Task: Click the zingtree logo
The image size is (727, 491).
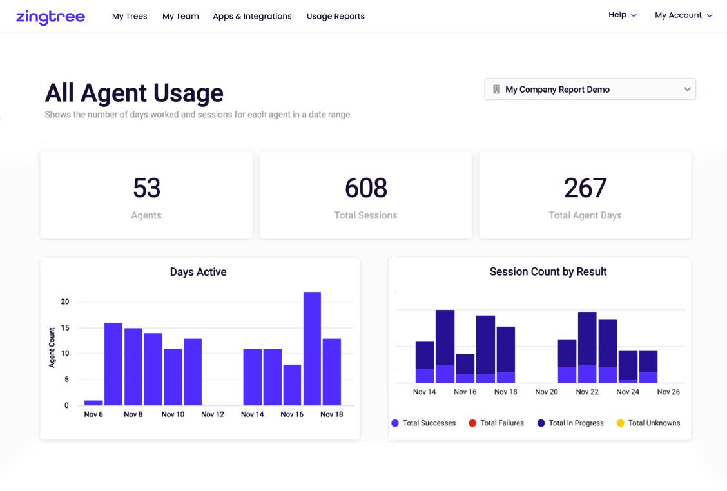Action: [x=50, y=17]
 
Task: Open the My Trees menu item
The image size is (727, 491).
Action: [x=130, y=16]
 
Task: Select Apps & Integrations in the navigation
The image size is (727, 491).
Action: [x=252, y=16]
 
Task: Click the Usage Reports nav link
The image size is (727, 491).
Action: [x=335, y=16]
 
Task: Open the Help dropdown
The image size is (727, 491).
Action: [x=622, y=15]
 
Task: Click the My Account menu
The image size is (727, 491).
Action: [x=683, y=15]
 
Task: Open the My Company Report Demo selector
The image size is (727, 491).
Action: [x=590, y=90]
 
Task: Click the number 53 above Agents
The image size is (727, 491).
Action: [x=146, y=188]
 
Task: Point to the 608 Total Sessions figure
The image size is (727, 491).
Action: [x=365, y=188]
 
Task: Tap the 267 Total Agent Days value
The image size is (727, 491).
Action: [x=585, y=188]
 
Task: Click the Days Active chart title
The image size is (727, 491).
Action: [x=198, y=272]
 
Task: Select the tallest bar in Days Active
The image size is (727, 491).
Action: [x=312, y=348]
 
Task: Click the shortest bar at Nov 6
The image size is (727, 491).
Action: [x=93, y=403]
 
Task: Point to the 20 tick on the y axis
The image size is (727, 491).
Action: [x=64, y=302]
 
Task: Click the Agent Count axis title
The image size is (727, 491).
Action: [x=52, y=347]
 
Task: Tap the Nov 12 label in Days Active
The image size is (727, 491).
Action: [x=212, y=414]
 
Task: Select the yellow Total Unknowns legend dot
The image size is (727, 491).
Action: [x=621, y=423]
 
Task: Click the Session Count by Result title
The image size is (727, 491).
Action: [x=548, y=272]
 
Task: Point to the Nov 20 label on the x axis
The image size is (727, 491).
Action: [x=546, y=392]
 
